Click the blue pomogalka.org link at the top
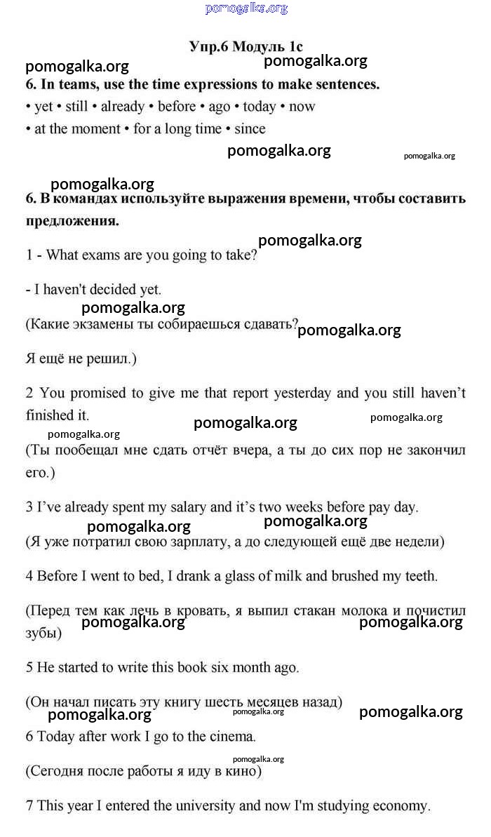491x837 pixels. pos(246,8)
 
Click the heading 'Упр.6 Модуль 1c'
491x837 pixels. pos(246,47)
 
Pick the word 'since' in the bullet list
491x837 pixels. pos(250,129)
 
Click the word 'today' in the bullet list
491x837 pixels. pos(260,107)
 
